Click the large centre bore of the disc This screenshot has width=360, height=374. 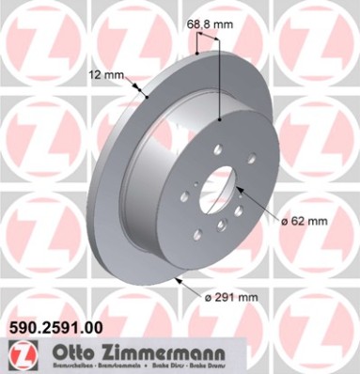218,191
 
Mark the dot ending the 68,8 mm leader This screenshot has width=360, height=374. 219,119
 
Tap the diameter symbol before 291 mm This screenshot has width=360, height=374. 208,299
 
